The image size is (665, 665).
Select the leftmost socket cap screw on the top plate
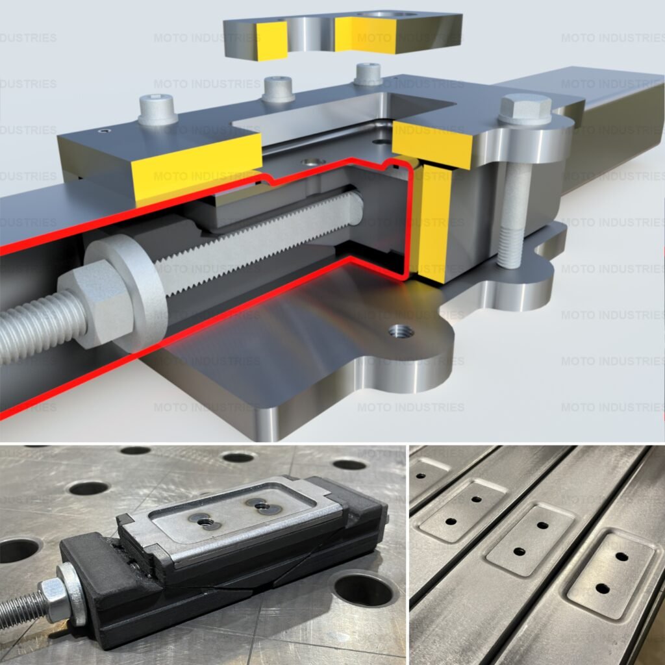[158, 109]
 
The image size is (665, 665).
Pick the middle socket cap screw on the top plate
[278, 90]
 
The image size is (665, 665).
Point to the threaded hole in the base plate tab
[401, 331]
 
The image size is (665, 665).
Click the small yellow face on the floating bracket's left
[272, 40]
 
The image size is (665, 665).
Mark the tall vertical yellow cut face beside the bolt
[433, 223]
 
